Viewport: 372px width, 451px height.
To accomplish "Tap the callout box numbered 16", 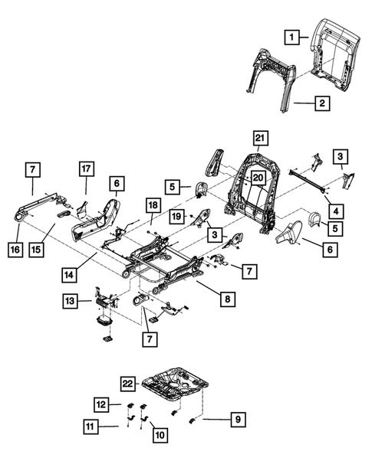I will (x=14, y=250).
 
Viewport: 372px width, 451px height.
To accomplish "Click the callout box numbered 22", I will (x=129, y=383).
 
